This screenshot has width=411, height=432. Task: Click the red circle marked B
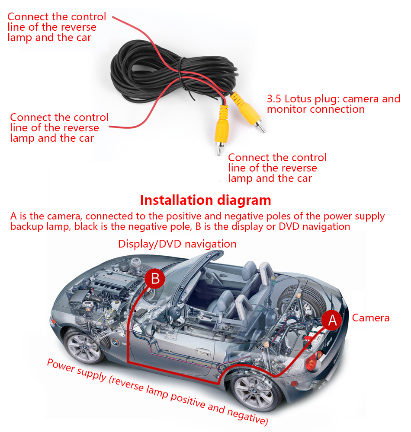pos(155,279)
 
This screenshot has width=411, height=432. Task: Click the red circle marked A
pos(332,320)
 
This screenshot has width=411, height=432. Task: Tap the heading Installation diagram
pos(205,200)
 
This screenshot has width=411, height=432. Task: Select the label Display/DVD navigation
pos(177,244)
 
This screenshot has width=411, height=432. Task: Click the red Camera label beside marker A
pos(371,318)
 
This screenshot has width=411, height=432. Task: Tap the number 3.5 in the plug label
pos(275,99)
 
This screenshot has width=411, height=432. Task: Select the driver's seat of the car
pos(225,298)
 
